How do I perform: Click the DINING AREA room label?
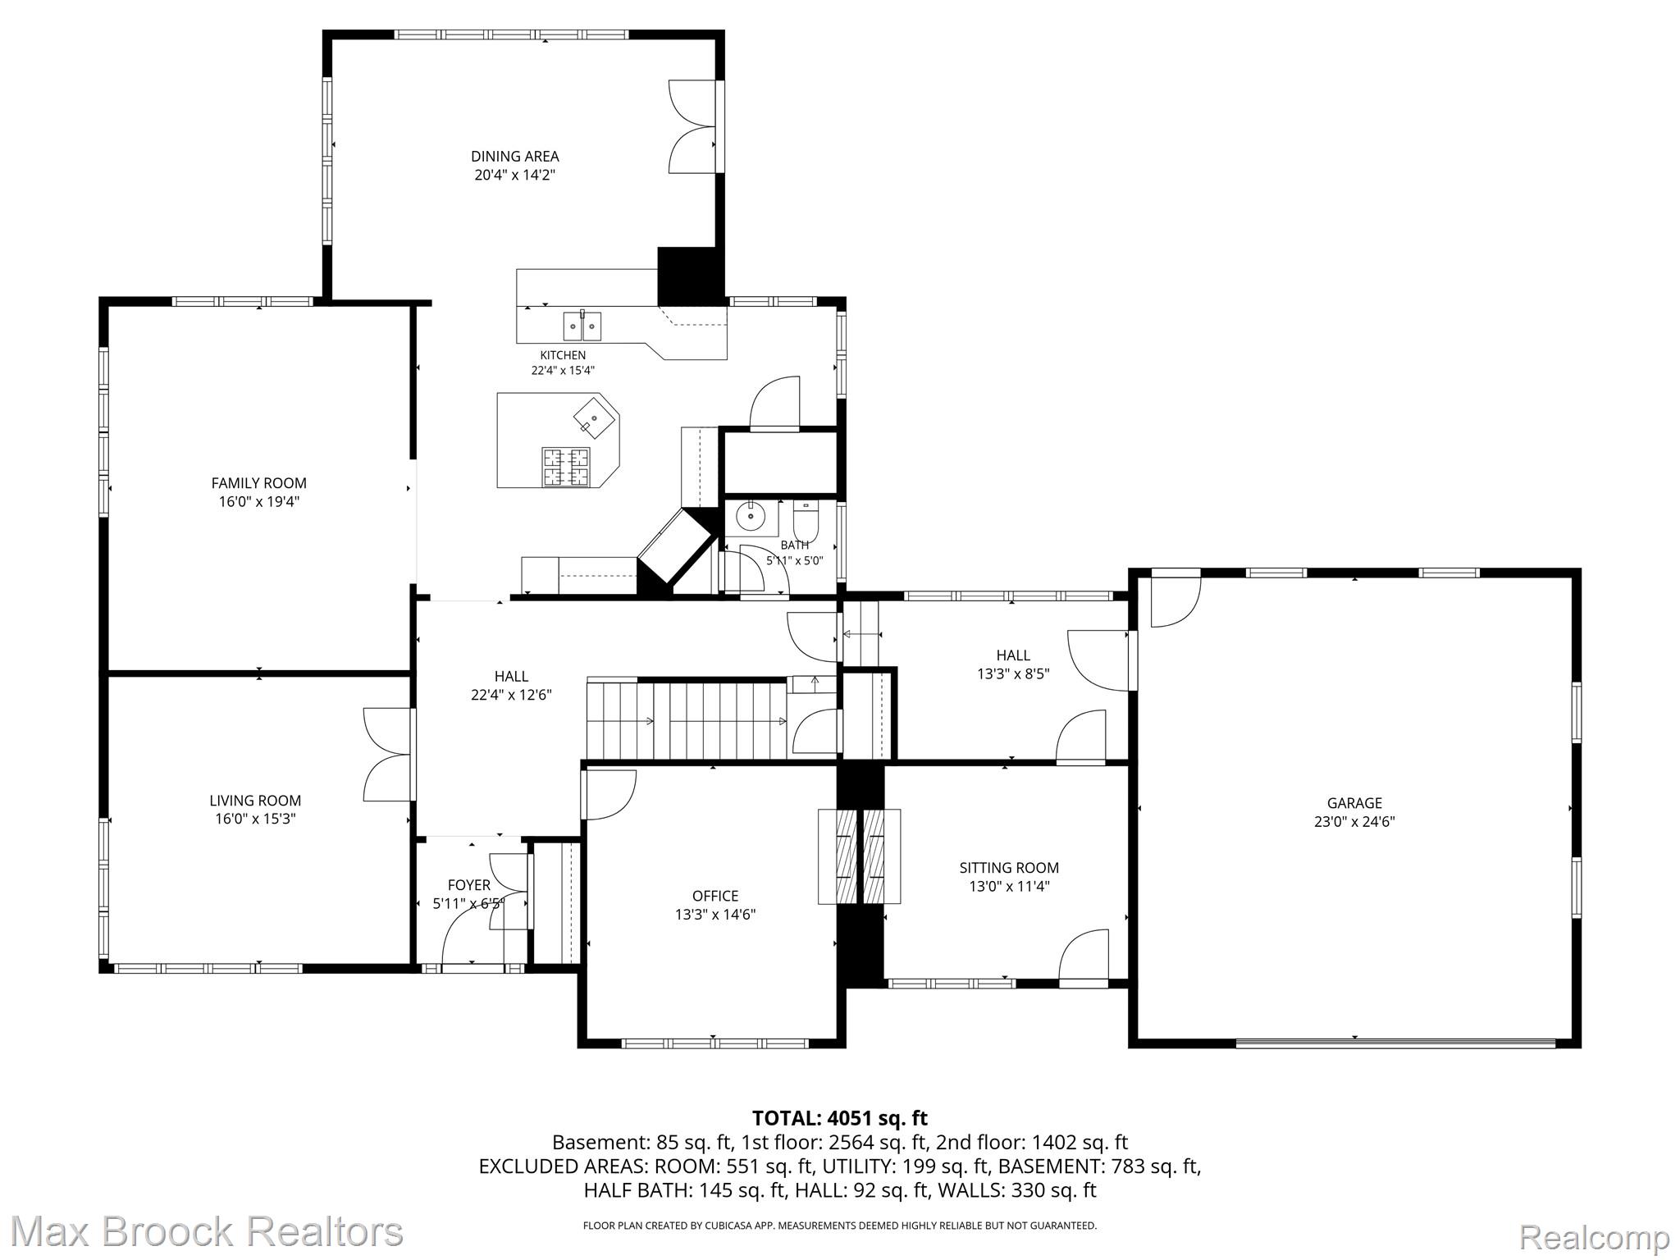point(514,156)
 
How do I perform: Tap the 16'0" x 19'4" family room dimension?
point(258,501)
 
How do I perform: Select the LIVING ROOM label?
point(255,801)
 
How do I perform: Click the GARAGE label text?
point(1354,803)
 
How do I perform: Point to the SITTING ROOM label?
point(1009,868)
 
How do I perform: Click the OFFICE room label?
point(715,896)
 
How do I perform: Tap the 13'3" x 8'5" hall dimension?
point(1013,673)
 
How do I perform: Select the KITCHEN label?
point(563,355)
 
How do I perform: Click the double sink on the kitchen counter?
point(582,326)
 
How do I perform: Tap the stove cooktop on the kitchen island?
point(565,466)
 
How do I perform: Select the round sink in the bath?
point(749,517)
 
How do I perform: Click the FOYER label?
point(469,885)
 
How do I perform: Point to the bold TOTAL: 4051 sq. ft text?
point(840,1117)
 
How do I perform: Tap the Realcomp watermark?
point(1595,1236)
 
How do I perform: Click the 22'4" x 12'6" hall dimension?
point(511,695)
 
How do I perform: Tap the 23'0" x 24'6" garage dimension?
point(1354,821)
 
